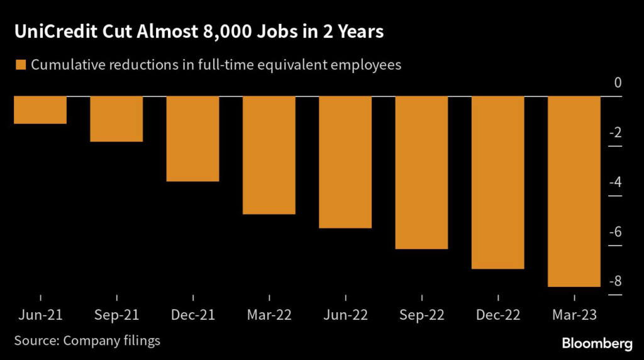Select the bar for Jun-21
40,110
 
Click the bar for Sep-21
116,118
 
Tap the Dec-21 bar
192,138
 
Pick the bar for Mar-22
269,155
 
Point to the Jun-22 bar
345,162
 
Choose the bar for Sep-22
421,172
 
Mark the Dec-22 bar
498,183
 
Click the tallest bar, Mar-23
574,191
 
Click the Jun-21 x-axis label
40,315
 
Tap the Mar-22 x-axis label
269,315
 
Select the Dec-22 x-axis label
498,315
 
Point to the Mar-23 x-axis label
574,315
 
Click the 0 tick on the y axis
618,83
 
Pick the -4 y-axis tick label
615,183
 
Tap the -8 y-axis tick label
615,281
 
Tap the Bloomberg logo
597,344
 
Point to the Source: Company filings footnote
87,340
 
